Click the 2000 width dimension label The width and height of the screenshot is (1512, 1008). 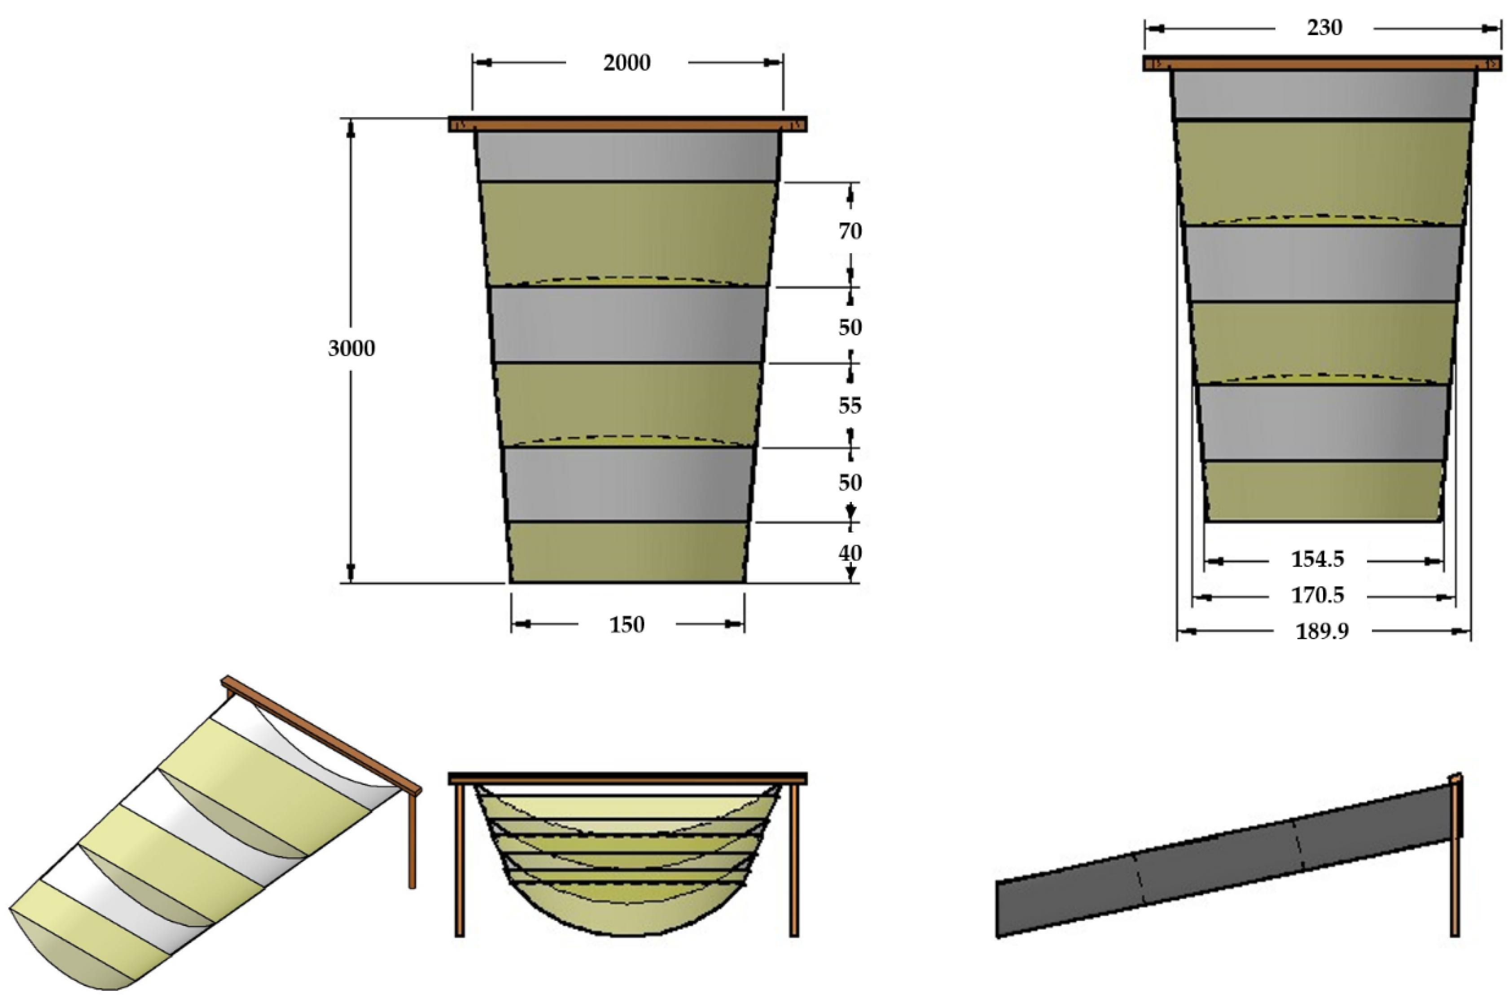pos(627,63)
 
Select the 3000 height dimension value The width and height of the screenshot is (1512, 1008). pos(351,348)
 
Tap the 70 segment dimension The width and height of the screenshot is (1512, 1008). pos(850,231)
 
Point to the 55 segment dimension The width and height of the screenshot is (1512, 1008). pos(850,405)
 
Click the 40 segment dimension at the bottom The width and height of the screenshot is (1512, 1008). pos(850,553)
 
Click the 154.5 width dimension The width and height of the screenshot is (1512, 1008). pos(1317,560)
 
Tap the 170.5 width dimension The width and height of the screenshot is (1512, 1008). pos(1317,596)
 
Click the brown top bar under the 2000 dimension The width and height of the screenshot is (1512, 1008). pos(627,124)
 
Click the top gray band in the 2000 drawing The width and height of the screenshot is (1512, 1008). pos(628,156)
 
